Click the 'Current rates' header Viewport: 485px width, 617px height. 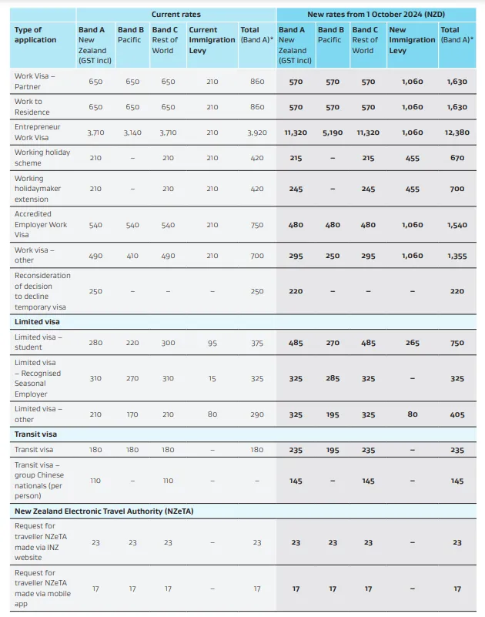point(176,15)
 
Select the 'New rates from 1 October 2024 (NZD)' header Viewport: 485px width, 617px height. point(376,15)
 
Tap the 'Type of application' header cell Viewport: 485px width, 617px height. point(35,35)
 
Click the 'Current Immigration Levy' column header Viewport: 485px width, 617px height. point(212,40)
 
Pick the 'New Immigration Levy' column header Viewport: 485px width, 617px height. point(412,40)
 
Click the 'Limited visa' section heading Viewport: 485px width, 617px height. point(37,321)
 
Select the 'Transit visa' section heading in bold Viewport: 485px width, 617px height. point(35,434)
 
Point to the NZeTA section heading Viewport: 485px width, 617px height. point(104,511)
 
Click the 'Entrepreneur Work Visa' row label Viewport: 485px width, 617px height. point(38,132)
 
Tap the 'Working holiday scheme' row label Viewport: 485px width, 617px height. point(42,157)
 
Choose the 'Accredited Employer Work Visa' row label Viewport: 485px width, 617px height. point(41,224)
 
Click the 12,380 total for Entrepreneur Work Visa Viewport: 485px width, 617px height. point(457,132)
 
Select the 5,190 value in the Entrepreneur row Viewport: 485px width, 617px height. point(333,132)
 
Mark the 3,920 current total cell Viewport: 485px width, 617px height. point(257,132)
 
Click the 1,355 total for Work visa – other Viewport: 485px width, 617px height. point(457,256)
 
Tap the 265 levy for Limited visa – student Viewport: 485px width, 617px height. point(412,343)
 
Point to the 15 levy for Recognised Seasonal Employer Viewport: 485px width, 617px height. point(212,378)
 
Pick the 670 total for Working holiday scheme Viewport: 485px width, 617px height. point(457,158)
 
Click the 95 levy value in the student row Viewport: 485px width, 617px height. point(212,343)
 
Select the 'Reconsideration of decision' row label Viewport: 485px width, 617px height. point(42,291)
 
